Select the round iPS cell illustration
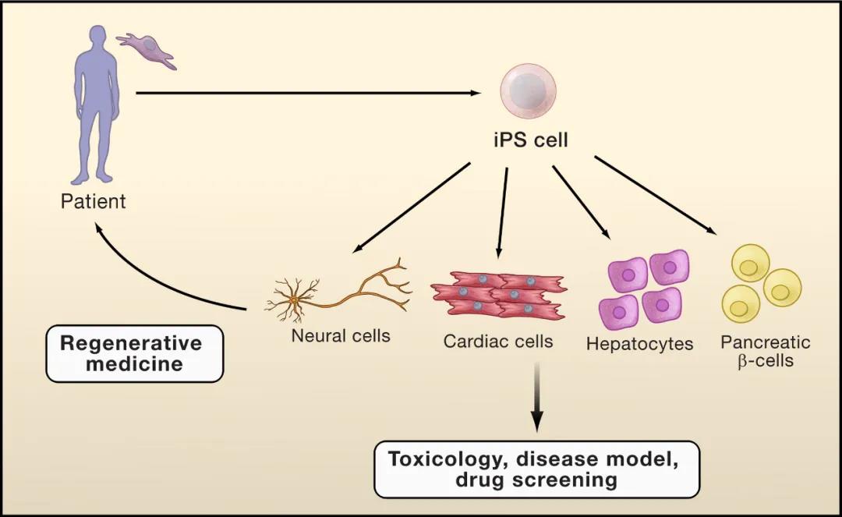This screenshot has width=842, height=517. tap(528, 90)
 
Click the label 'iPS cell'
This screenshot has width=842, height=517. tap(530, 140)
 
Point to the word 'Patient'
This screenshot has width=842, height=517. tap(93, 201)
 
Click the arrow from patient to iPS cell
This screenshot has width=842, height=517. tap(308, 93)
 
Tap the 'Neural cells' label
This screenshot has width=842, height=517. tap(341, 336)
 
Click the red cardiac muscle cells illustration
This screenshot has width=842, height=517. tap(500, 296)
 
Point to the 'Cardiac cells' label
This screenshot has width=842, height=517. tap(497, 342)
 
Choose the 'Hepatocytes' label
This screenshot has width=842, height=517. tap(639, 344)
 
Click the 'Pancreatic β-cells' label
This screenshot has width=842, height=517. tap(766, 351)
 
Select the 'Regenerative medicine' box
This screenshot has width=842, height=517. tap(134, 353)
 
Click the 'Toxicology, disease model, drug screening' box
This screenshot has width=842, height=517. tap(536, 469)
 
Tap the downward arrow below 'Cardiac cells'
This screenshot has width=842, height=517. tap(536, 397)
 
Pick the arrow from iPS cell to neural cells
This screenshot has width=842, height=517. tap(411, 207)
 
